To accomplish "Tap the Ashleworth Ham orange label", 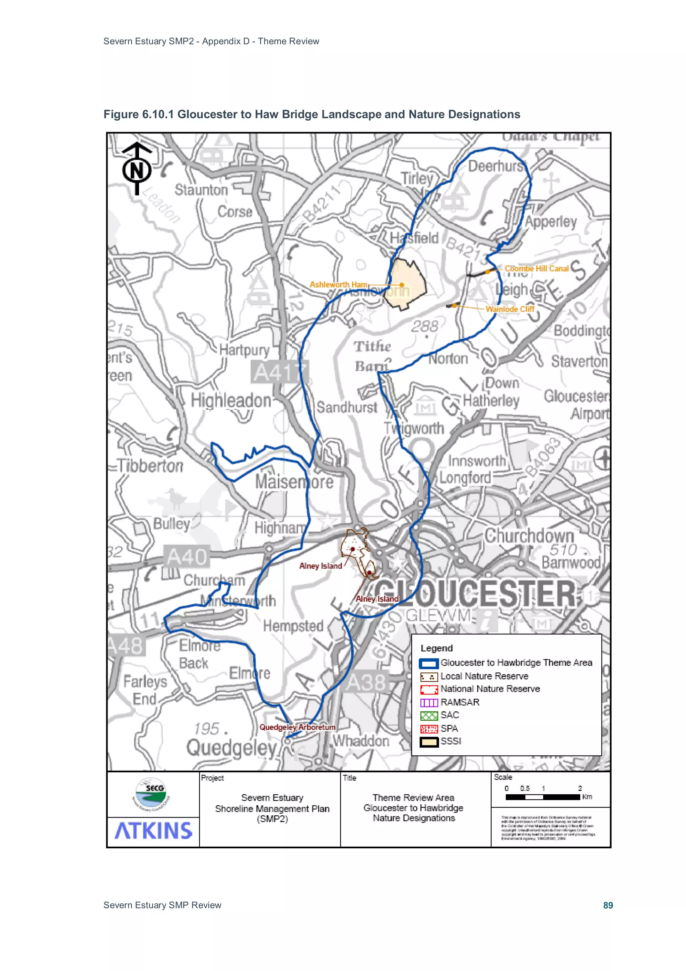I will pos(338,285).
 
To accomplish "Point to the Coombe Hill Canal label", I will pos(536,268).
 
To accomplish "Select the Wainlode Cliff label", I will pos(510,309).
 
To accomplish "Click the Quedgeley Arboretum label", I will pos(297,727).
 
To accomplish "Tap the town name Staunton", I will pos(201,190).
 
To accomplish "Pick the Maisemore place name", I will pos(294,482).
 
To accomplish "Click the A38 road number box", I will pos(366,682).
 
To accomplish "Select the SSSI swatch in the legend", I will pos(429,742).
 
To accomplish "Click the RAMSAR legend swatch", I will pos(429,703).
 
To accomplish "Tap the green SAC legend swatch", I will pos(429,716).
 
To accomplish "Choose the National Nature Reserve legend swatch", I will pos(429,689).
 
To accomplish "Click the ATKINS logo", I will pos(153,831).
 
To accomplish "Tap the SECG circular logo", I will pos(151,794).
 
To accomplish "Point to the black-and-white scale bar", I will pos(543,797).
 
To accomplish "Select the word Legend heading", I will pos(436,648).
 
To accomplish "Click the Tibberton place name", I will pos(150,466).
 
